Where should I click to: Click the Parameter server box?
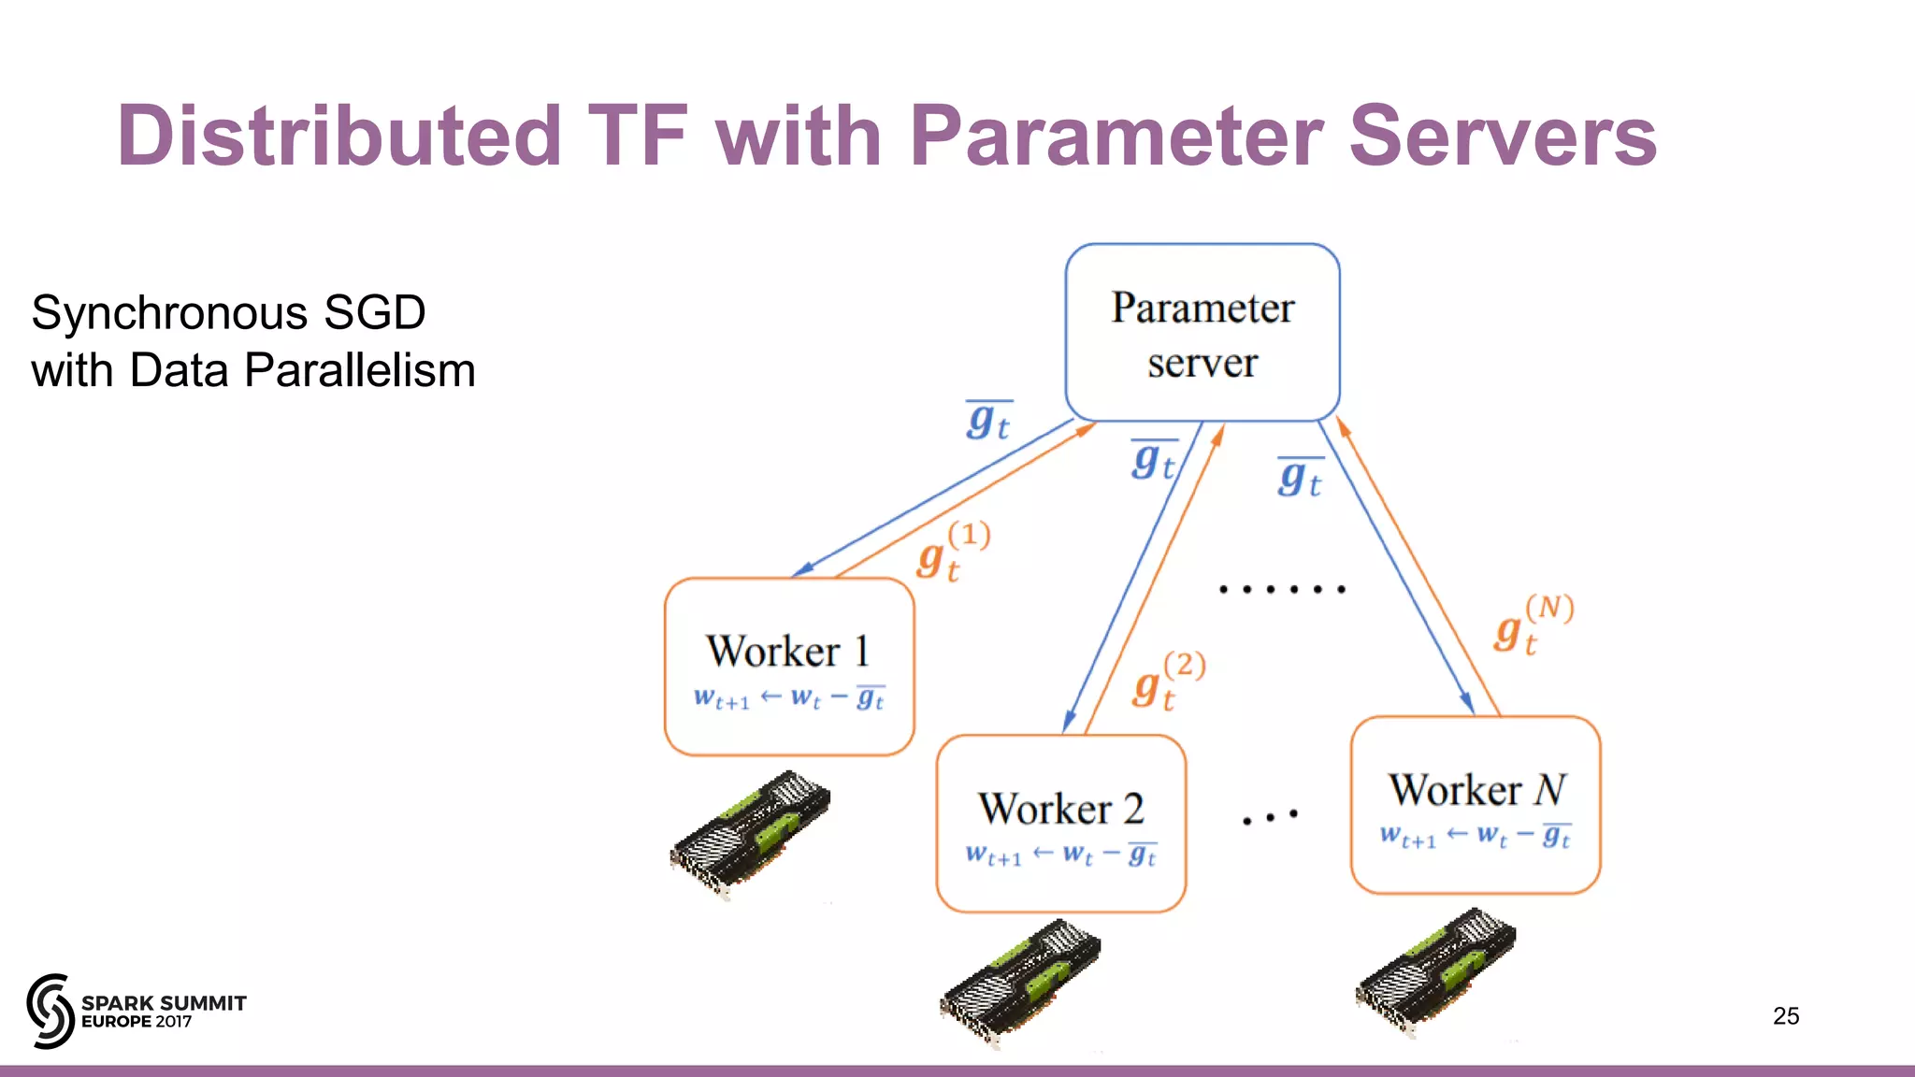coord(1202,333)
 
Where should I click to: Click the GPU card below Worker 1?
coord(749,834)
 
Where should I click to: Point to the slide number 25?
coord(1785,1016)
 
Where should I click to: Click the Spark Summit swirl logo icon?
coord(50,1011)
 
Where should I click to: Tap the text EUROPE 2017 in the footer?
coord(137,1022)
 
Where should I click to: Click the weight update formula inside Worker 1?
coord(788,698)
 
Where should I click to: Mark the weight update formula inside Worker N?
coord(1475,836)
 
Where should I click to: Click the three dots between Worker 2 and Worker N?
coord(1270,817)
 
